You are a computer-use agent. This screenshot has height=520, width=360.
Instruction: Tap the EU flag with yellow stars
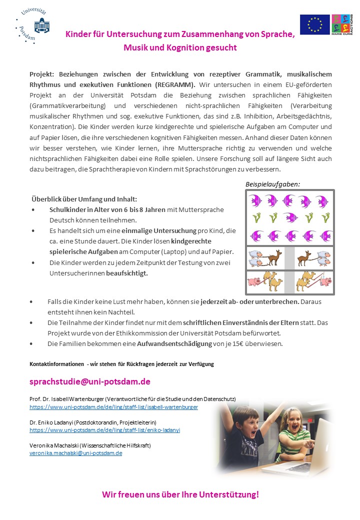pos(314,24)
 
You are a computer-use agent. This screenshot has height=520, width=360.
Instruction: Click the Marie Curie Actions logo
pos(342,24)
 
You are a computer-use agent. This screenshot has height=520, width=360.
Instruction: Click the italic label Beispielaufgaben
pos(272,184)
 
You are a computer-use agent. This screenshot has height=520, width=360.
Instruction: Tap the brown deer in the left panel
pos(273,258)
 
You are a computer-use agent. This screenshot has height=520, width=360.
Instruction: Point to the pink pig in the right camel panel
pos(325,281)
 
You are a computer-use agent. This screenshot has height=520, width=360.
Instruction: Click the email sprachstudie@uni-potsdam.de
pos(90,381)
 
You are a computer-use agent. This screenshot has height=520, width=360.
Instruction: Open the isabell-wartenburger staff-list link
pos(113,407)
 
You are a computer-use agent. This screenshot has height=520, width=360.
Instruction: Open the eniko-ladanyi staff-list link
pos(104,430)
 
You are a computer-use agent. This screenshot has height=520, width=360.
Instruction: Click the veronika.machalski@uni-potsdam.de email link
pos(75,453)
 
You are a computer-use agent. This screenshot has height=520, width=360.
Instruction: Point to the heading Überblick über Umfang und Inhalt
pos(83,199)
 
